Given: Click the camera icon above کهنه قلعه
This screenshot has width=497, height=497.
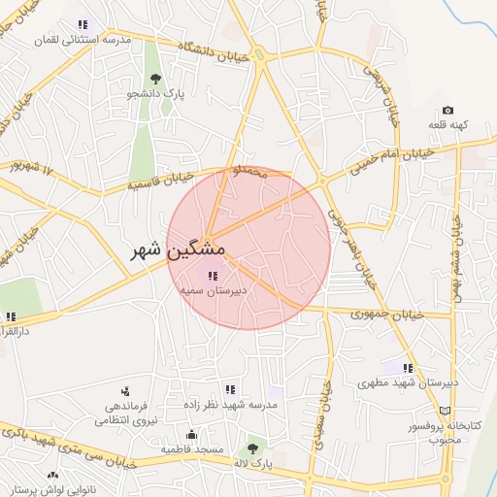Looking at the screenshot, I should (x=447, y=111).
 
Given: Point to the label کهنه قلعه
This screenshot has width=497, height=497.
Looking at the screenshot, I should (x=447, y=126).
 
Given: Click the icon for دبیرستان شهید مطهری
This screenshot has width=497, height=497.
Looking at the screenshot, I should (x=408, y=368).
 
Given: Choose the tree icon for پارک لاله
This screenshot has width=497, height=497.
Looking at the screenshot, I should (x=253, y=447).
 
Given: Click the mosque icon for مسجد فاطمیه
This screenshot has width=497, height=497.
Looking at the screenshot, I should (x=192, y=435).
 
